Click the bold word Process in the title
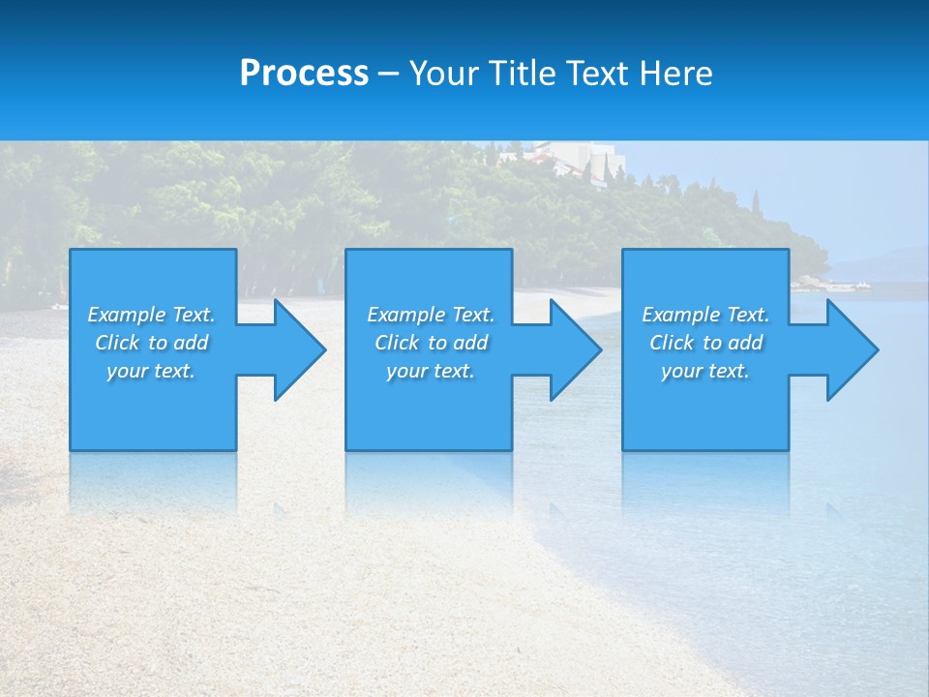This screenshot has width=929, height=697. pos(304,74)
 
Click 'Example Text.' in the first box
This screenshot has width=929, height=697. pos(151,315)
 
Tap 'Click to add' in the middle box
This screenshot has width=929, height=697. pos(431,343)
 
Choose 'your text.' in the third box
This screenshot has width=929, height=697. pos(705,371)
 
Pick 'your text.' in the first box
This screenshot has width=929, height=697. pos(151,371)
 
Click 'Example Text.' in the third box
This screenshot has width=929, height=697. pos(705,315)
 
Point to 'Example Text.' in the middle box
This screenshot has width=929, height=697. pos(431,315)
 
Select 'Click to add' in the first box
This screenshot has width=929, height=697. pos(151,343)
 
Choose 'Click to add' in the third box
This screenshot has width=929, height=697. pos(705,343)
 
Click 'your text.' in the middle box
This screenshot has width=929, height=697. pos(431,371)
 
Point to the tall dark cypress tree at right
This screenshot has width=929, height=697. pos(756,206)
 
